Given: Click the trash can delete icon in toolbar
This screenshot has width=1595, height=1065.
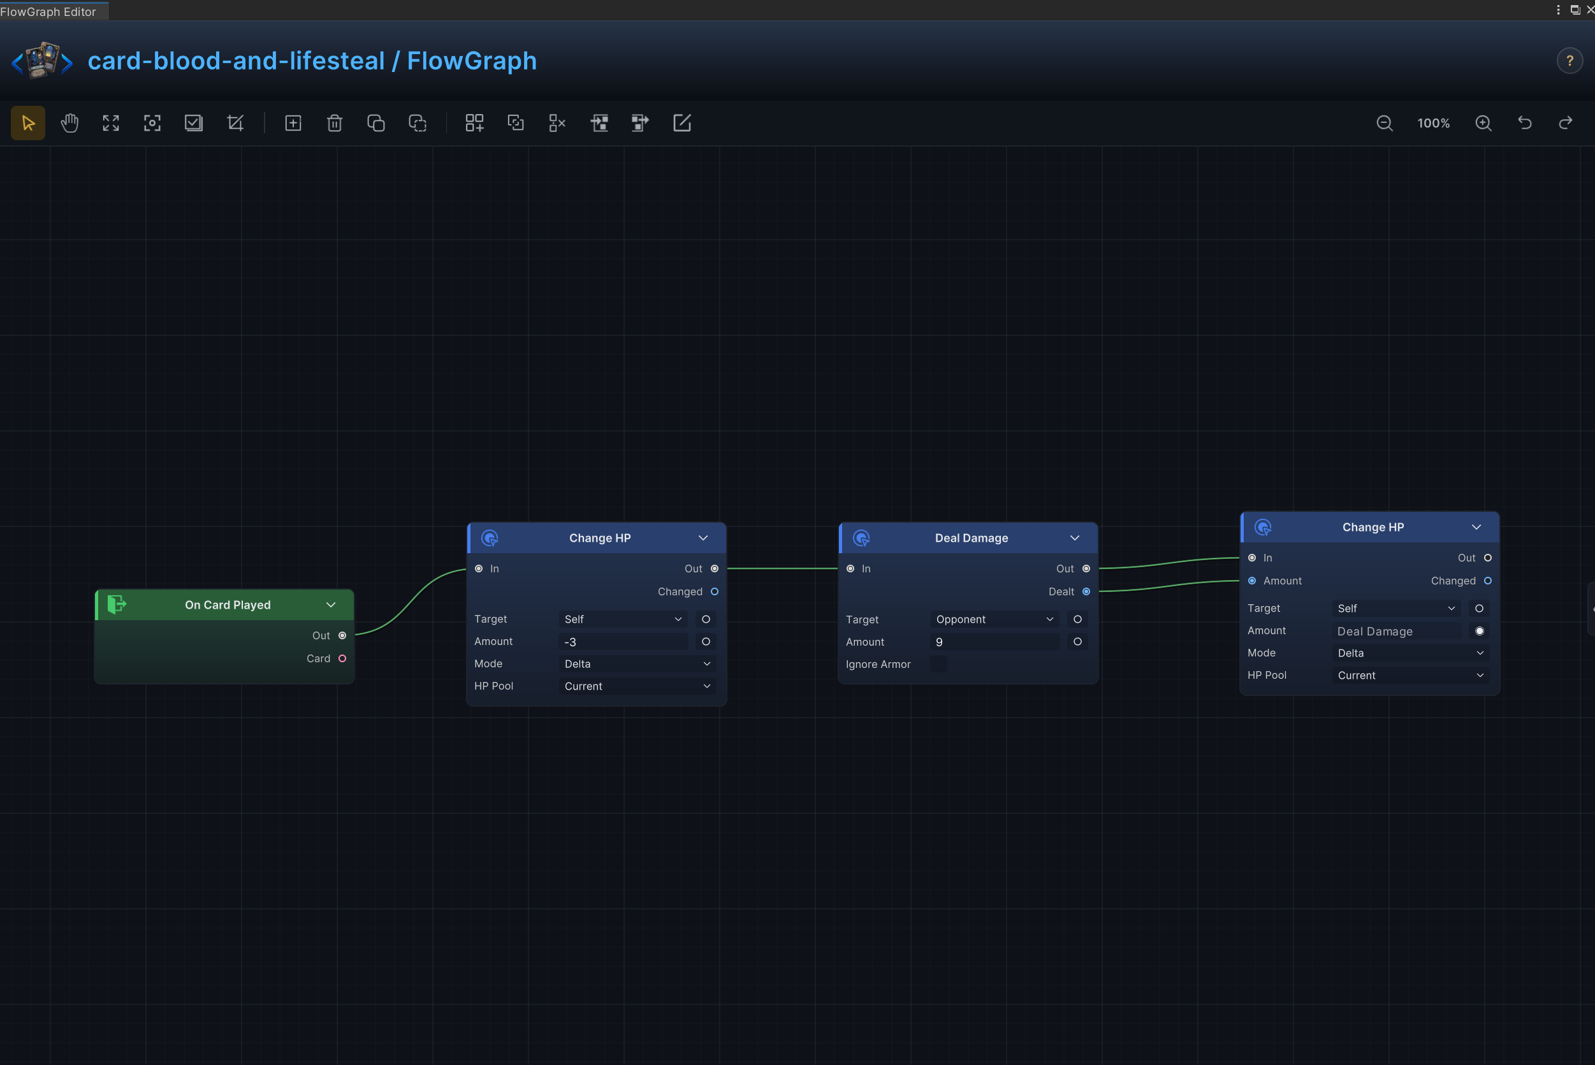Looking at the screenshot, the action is (x=334, y=123).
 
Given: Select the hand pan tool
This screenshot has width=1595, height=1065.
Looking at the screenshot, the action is (x=69, y=123).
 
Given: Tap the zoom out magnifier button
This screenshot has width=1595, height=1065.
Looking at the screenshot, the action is (x=1385, y=123).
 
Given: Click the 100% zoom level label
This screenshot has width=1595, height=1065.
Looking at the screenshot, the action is (x=1433, y=123).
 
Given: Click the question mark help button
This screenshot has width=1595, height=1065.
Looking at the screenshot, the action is (x=1570, y=61).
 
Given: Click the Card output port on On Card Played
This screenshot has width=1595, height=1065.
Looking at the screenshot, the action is (x=342, y=658).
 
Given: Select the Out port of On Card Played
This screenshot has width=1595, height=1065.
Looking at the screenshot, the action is (x=342, y=635).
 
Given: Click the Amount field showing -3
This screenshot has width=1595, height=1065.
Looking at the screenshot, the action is (x=623, y=642).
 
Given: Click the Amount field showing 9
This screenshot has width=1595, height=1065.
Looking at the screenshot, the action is (x=994, y=642).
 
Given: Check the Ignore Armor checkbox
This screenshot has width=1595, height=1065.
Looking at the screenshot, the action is (x=938, y=664).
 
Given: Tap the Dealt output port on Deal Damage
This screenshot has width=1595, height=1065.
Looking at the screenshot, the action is (x=1086, y=591).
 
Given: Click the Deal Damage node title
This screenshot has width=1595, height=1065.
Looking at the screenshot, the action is (x=972, y=538).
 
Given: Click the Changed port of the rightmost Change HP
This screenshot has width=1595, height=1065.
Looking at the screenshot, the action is (x=1488, y=581).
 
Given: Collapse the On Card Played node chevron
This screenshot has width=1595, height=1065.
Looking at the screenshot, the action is (x=331, y=604).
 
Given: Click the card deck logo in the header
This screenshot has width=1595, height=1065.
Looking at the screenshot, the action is (x=42, y=61).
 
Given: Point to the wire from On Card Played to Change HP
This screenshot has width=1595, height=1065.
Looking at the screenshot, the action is (x=411, y=602).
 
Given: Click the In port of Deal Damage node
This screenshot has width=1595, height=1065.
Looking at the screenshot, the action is (x=850, y=569).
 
